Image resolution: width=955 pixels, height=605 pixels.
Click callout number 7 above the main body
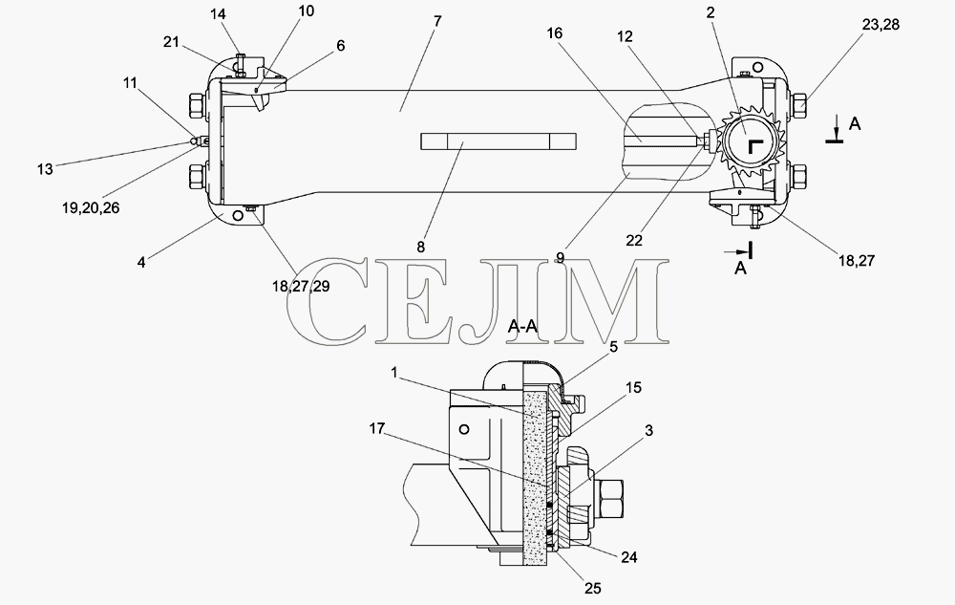[x=436, y=21]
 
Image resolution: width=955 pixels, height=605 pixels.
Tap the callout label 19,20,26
[x=91, y=207]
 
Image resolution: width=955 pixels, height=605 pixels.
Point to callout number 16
[x=554, y=33]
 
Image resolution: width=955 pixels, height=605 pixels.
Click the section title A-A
[x=523, y=327]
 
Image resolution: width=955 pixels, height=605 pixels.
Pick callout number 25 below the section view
[x=593, y=588]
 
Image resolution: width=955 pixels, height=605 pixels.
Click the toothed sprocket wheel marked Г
[x=750, y=144]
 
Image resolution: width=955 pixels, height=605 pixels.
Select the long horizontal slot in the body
[x=498, y=141]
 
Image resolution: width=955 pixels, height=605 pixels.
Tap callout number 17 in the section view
[x=377, y=428]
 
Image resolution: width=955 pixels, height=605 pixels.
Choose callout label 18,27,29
[x=301, y=286]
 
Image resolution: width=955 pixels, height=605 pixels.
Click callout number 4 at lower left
[x=141, y=263]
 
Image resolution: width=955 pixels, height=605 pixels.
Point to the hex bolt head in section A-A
[x=608, y=498]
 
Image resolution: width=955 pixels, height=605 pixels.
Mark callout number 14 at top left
[x=218, y=15]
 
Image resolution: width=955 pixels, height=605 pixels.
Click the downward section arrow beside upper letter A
[x=838, y=129]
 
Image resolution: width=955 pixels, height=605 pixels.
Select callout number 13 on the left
[x=45, y=169]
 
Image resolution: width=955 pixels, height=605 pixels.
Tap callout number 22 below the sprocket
[x=634, y=241]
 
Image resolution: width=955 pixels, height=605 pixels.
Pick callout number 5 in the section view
[x=613, y=347]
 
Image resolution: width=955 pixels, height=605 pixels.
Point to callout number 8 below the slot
[x=421, y=248]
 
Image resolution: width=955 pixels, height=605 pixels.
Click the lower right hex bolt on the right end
[x=797, y=176]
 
